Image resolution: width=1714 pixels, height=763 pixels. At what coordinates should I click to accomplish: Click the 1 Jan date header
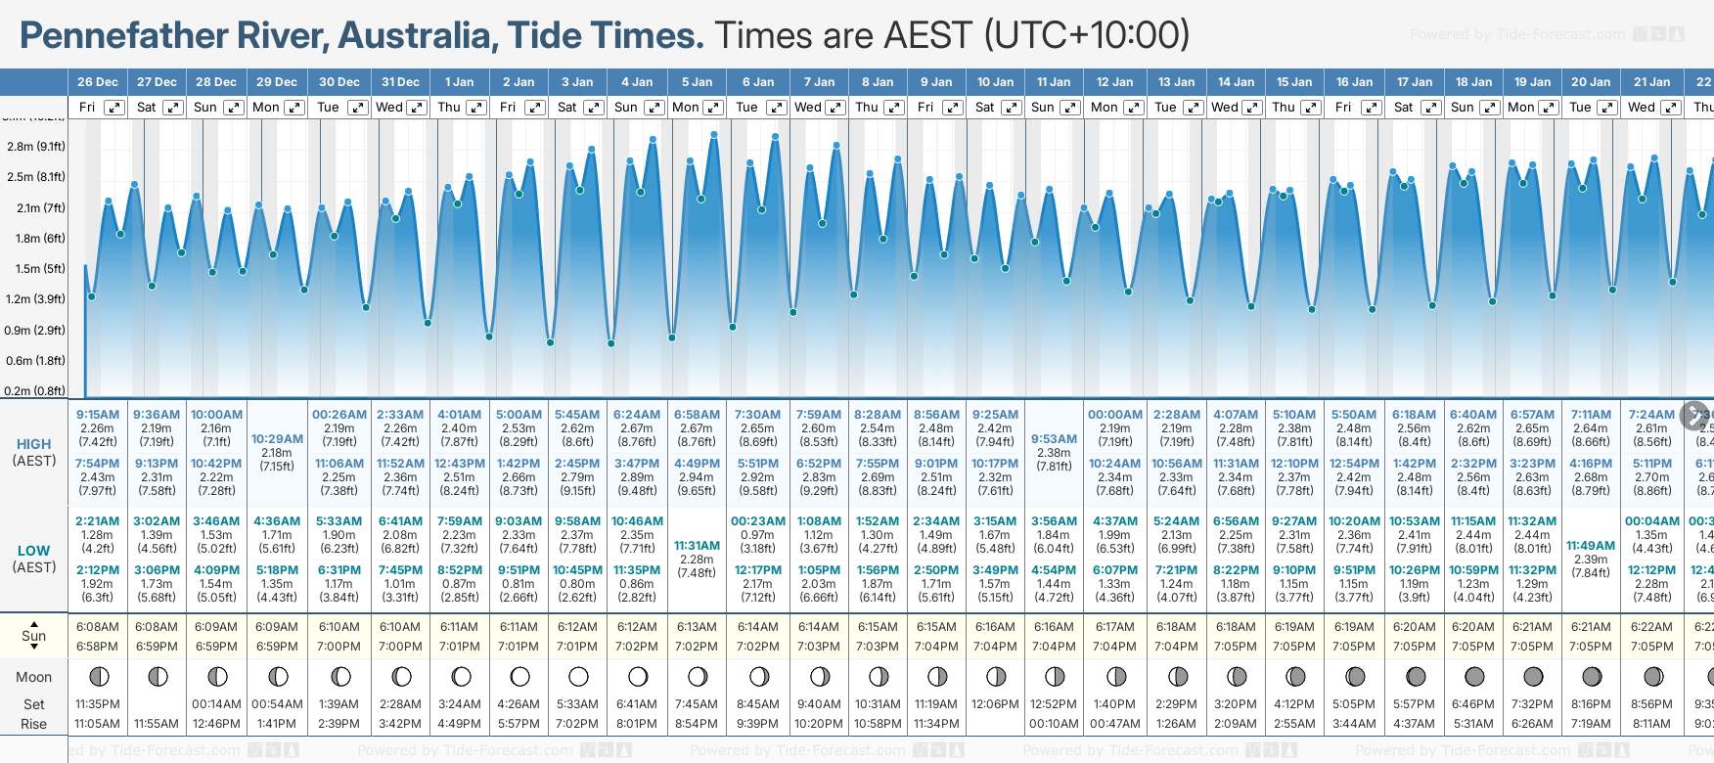[x=459, y=82]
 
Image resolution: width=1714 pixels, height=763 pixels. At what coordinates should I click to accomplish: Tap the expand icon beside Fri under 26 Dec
[x=114, y=108]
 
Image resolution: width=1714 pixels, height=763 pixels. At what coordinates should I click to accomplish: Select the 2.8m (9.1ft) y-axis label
[x=36, y=147]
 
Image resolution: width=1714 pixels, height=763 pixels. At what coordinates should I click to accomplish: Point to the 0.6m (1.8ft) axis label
[x=36, y=361]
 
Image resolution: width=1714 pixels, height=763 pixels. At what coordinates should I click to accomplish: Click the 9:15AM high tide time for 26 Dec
[x=98, y=415]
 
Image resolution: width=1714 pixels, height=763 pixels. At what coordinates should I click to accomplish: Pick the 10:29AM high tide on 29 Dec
[x=277, y=439]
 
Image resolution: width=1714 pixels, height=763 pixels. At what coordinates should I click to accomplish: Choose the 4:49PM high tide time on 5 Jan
[x=697, y=464]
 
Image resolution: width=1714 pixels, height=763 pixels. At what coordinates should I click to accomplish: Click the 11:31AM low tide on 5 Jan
[x=697, y=546]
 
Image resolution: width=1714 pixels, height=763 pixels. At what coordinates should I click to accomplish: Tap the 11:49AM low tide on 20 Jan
[x=1590, y=546]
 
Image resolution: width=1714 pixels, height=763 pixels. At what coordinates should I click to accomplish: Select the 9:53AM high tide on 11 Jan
[x=1054, y=439]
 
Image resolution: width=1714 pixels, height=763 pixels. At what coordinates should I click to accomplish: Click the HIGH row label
[x=33, y=444]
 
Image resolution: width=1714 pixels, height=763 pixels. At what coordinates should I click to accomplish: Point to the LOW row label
[x=33, y=551]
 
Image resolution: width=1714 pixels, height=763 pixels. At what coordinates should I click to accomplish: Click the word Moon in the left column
[x=33, y=677]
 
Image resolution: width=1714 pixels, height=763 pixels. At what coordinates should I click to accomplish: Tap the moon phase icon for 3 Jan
[x=578, y=677]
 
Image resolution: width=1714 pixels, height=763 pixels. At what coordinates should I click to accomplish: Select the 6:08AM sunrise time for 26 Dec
[x=98, y=627]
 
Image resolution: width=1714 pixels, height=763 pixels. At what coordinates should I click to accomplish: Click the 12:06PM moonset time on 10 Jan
[x=995, y=704]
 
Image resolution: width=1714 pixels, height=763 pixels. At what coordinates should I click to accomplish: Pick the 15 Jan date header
[x=1294, y=82]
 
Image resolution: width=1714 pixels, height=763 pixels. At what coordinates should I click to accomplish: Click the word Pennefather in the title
[x=172, y=36]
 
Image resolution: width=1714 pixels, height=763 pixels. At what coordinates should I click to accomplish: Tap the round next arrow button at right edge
[x=1694, y=416]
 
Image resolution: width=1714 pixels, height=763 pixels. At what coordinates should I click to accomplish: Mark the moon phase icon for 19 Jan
[x=1533, y=677]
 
